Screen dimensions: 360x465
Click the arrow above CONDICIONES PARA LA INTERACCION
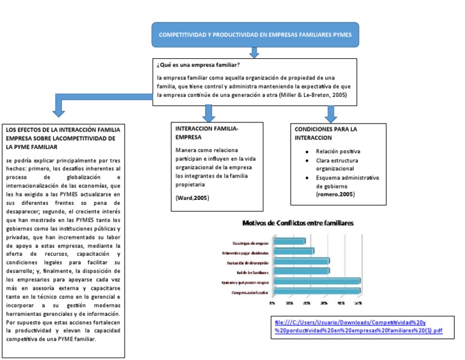tap(331, 113)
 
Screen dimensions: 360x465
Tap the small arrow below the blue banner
tap(254, 53)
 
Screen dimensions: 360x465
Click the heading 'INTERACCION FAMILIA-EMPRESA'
tap(207, 133)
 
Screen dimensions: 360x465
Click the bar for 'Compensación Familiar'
tap(317, 291)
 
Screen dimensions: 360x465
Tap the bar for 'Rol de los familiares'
tap(302, 271)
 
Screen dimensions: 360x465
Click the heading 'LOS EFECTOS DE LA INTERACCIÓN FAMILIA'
tap(62, 130)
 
